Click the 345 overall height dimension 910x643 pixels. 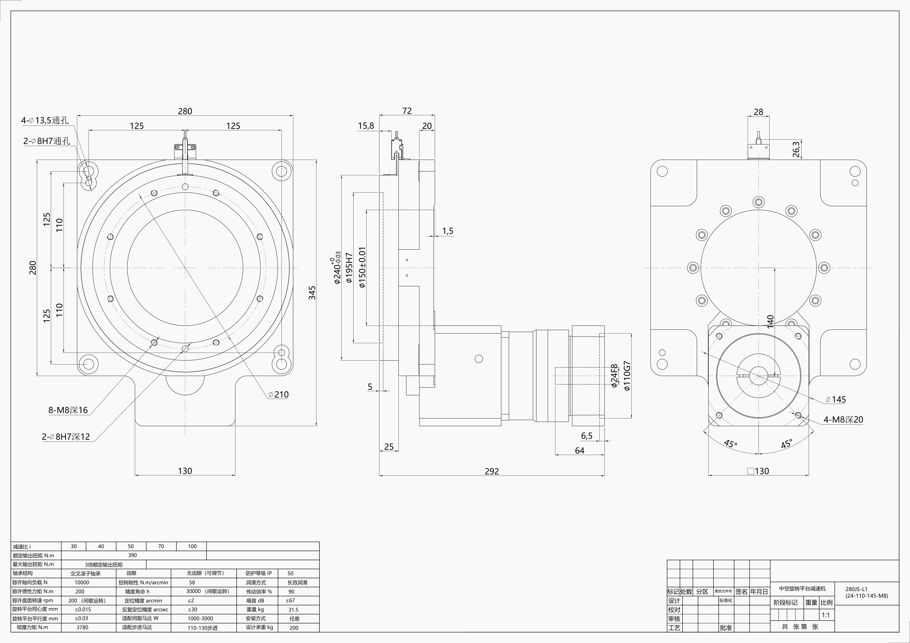(312, 293)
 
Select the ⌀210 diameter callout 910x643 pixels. (279, 394)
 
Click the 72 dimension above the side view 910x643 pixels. (407, 111)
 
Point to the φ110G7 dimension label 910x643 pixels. (627, 376)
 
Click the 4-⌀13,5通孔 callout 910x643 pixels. (45, 120)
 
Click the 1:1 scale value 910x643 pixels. (826, 615)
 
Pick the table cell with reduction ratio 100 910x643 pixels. (192, 546)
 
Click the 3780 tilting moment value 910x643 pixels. (82, 627)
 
